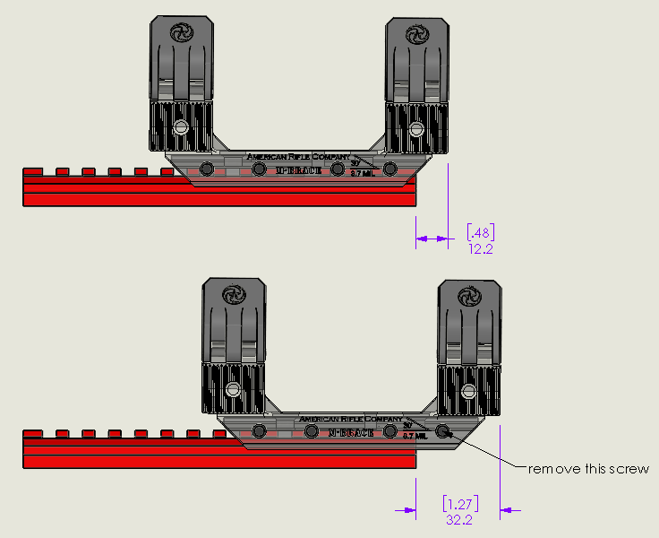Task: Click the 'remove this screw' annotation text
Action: click(587, 469)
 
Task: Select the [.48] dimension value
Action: click(482, 232)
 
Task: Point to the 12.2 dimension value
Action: click(481, 248)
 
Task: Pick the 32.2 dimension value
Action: click(458, 519)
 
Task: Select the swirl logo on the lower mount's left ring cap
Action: click(235, 294)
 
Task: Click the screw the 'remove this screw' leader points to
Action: click(444, 431)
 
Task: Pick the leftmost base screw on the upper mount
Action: click(207, 169)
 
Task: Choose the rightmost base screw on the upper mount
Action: click(389, 169)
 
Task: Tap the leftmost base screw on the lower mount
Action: click(261, 431)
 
